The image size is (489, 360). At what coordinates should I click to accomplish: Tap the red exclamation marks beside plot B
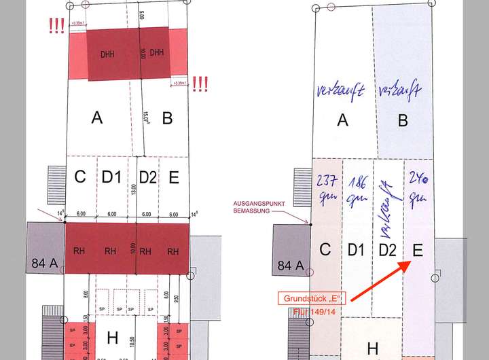(x=200, y=84)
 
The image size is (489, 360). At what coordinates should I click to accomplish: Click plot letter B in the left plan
(x=167, y=118)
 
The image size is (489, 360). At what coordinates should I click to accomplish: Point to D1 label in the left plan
(x=111, y=178)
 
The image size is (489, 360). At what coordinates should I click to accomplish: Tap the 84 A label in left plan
(x=44, y=263)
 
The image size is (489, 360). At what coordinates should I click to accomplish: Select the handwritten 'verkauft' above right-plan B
(x=401, y=91)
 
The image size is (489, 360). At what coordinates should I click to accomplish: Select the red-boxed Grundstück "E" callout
(x=312, y=298)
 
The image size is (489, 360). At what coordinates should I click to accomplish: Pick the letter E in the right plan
(x=418, y=251)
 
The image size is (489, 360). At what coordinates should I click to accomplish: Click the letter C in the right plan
(x=325, y=249)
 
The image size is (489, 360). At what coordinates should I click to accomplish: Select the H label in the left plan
(x=113, y=338)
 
